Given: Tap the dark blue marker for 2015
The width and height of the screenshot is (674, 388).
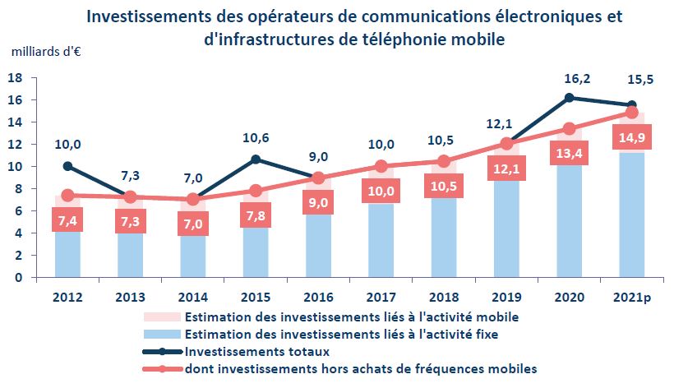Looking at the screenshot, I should click(x=256, y=159).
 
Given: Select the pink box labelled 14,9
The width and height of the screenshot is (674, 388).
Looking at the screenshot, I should click(x=630, y=137).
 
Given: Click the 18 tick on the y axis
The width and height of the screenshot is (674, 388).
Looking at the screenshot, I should click(x=14, y=78).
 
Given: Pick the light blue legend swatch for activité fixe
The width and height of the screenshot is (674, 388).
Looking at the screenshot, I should click(x=162, y=335).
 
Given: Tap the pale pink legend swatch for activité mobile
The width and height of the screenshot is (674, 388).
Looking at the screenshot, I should click(x=162, y=317).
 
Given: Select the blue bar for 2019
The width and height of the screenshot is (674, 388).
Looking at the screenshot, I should click(x=505, y=230).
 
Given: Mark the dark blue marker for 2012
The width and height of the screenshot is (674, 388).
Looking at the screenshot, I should click(x=67, y=166).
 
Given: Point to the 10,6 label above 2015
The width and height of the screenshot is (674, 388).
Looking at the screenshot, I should click(x=256, y=137).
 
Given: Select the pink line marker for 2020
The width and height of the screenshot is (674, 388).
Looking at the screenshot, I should click(x=568, y=128).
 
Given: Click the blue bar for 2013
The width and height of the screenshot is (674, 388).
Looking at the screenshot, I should click(x=130, y=256).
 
